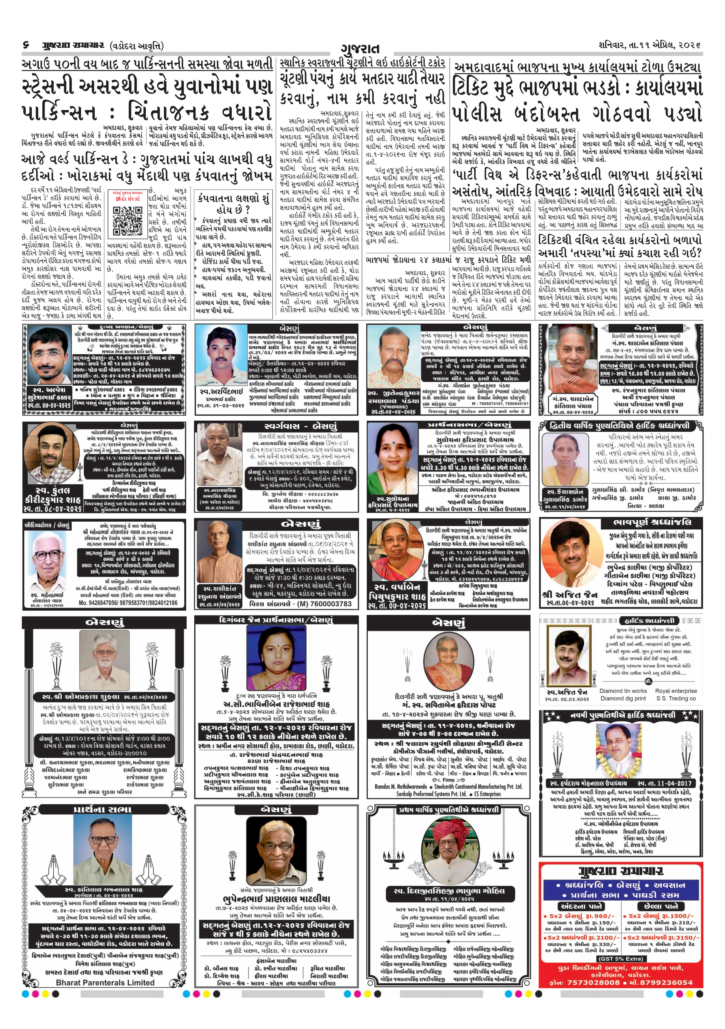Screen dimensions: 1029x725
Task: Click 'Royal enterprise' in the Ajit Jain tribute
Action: click(x=676, y=691)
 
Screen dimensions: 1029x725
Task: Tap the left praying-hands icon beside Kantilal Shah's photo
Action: click(x=53, y=855)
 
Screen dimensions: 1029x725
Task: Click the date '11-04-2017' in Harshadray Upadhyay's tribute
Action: click(x=673, y=783)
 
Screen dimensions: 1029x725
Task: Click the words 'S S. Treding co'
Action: click(x=676, y=698)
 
